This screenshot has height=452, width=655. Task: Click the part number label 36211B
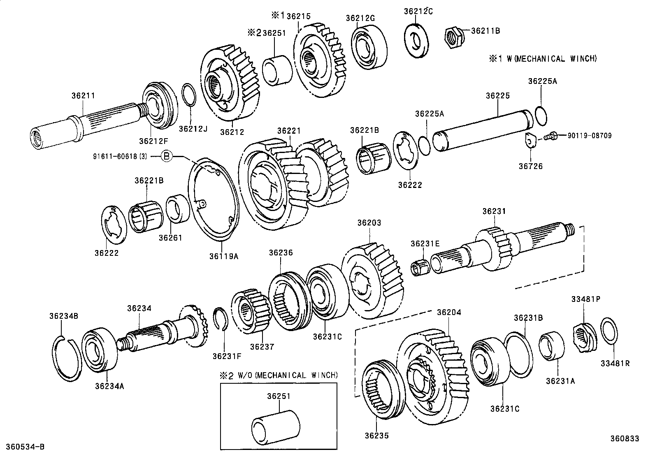[485, 30]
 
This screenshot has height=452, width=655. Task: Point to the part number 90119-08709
[589, 135]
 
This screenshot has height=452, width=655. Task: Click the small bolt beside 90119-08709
[550, 135]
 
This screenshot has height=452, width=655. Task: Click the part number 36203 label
[369, 223]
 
